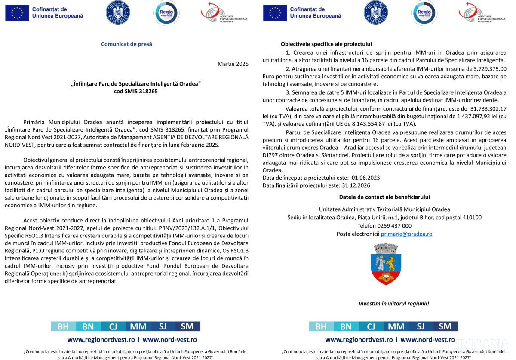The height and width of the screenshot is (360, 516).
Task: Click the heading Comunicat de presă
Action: point(126,44)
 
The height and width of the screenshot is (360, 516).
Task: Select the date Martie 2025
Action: point(233,64)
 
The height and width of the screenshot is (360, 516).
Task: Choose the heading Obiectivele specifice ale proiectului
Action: point(326,44)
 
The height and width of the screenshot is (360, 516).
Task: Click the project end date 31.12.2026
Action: point(355,185)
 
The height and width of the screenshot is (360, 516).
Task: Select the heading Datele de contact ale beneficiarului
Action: point(384,197)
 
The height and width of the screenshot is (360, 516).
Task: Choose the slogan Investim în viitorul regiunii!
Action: point(393,304)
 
